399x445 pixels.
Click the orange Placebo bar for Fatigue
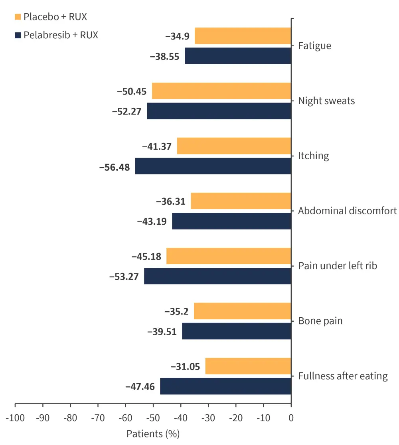pos(243,36)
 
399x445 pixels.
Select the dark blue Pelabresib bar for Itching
pos(213,166)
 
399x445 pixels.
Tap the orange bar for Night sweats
pos(221,91)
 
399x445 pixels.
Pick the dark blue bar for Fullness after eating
pos(225,386)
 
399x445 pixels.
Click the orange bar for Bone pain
pos(242,311)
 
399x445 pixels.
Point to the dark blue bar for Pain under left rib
pos(217,276)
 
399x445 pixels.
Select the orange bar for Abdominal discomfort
pos(241,201)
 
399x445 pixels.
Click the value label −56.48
pos(115,167)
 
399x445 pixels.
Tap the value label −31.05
pos(185,366)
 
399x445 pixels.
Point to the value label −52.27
pos(127,112)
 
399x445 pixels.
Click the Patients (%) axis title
pos(153,434)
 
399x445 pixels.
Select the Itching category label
pos(314,156)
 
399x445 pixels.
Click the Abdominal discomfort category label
pos(348,211)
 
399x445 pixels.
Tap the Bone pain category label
pos(320,321)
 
